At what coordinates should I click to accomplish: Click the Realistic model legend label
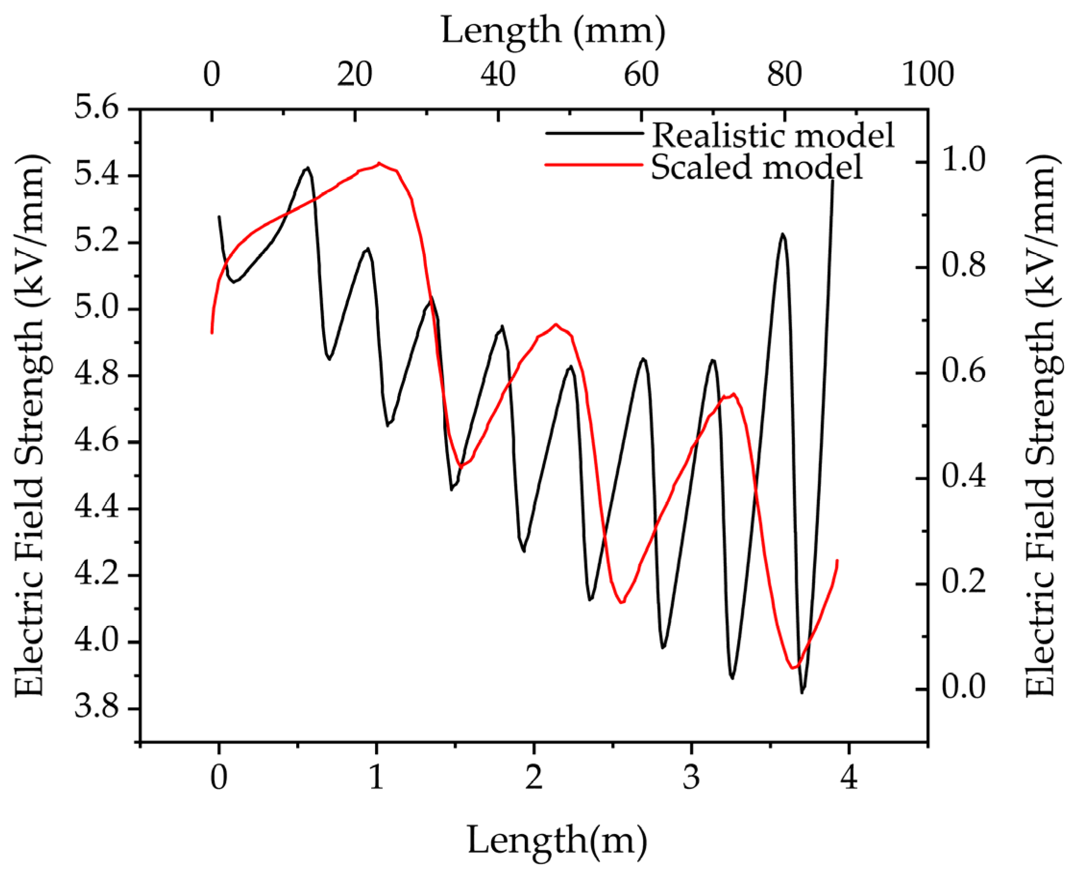tap(773, 135)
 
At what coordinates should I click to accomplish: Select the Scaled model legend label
tap(757, 167)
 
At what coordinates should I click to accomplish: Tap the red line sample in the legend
tap(593, 165)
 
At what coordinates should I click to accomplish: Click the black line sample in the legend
tap(593, 133)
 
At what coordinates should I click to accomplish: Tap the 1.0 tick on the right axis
tap(964, 161)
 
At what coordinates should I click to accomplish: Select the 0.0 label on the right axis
tap(964, 689)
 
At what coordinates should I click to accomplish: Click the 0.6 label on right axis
tap(964, 373)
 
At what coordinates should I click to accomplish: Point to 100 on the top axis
tap(928, 74)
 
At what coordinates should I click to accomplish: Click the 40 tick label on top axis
tap(498, 74)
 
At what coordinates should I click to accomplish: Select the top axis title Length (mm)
tap(553, 31)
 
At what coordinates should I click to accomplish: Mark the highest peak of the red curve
tap(379, 163)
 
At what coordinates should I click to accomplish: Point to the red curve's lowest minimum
tap(793, 668)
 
